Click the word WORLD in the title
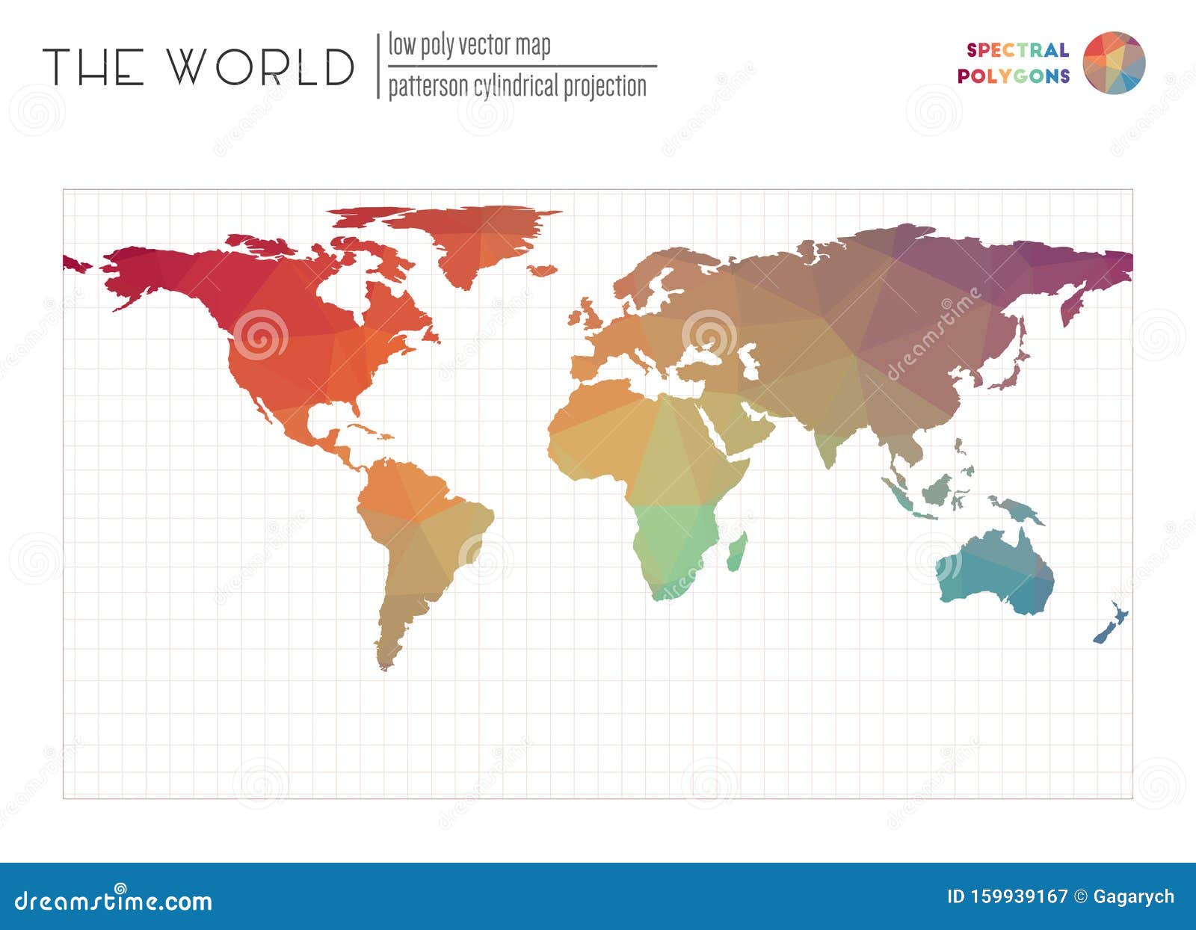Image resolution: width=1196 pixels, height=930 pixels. tap(259, 67)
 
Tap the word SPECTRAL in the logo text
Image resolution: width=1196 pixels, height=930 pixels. tap(1017, 50)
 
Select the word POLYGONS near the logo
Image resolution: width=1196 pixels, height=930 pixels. tap(1013, 76)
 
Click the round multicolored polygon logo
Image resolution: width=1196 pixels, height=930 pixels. tap(1114, 63)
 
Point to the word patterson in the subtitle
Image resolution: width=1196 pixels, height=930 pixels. tap(421, 87)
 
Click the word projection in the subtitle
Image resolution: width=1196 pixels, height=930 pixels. tap(605, 87)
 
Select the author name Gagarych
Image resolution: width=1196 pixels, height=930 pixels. tap(1133, 896)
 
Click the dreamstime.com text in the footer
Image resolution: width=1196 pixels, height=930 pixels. tap(114, 901)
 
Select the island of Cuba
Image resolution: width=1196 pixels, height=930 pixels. tap(370, 431)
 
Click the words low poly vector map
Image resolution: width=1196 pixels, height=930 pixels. tap(469, 46)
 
